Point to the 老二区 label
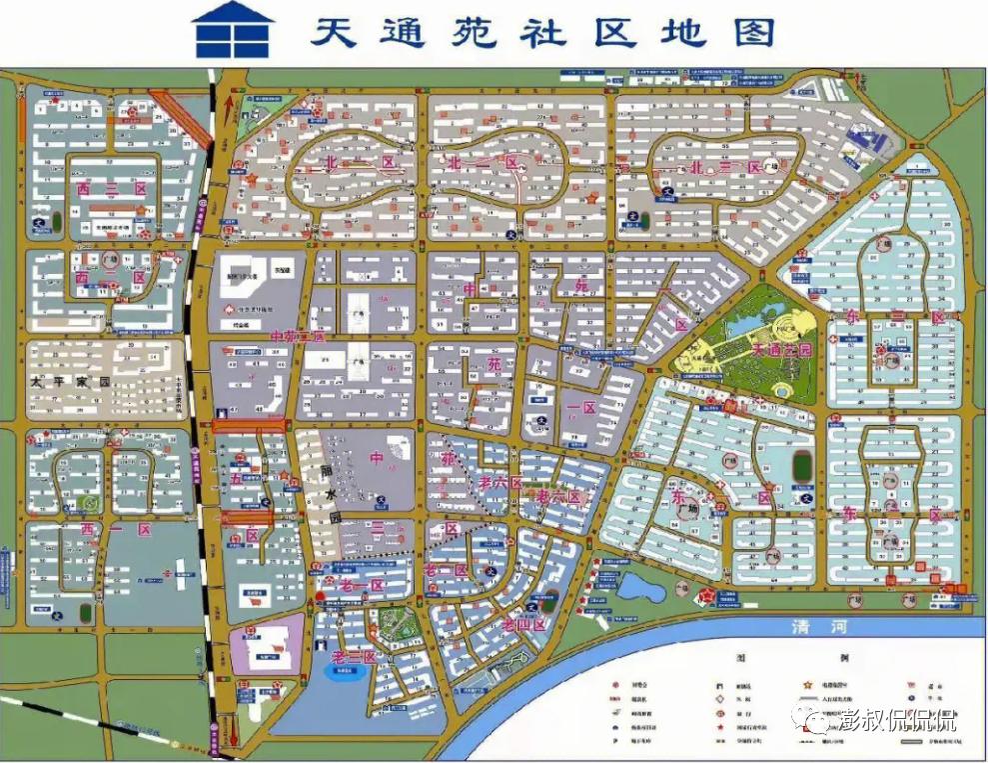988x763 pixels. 354,657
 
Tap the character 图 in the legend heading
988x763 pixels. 741,660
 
